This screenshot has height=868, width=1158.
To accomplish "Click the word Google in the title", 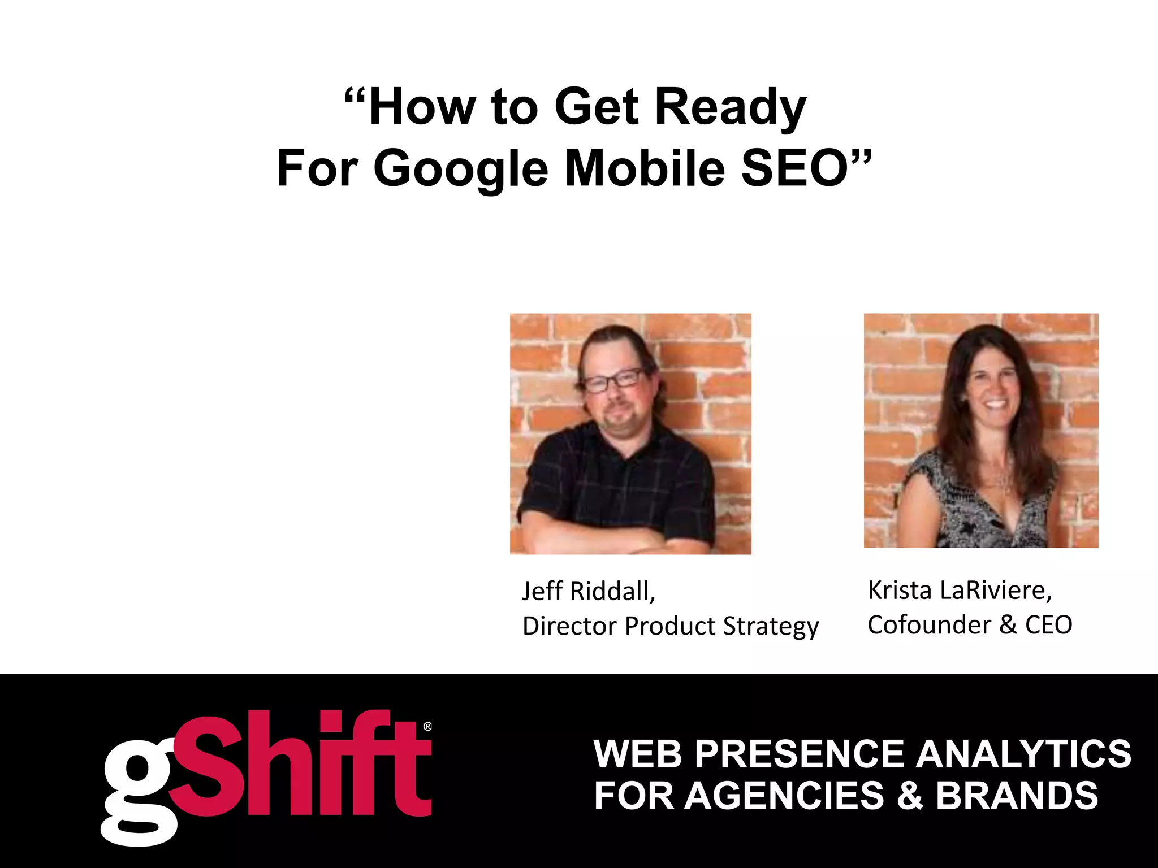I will [460, 168].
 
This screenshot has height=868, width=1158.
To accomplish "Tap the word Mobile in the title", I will [645, 168].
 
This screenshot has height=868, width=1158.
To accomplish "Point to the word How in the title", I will [421, 107].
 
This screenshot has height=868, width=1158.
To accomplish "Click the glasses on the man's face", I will [613, 381].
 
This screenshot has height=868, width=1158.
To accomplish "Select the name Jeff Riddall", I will [588, 591].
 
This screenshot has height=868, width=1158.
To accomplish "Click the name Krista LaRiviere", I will [960, 590].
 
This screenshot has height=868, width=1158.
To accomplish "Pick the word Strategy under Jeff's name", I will [771, 626].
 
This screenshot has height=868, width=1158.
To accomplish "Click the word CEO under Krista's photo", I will [1049, 625].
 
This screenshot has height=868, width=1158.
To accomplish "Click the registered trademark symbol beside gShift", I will [427, 726].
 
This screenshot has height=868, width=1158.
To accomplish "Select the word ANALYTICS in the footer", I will [1024, 754].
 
